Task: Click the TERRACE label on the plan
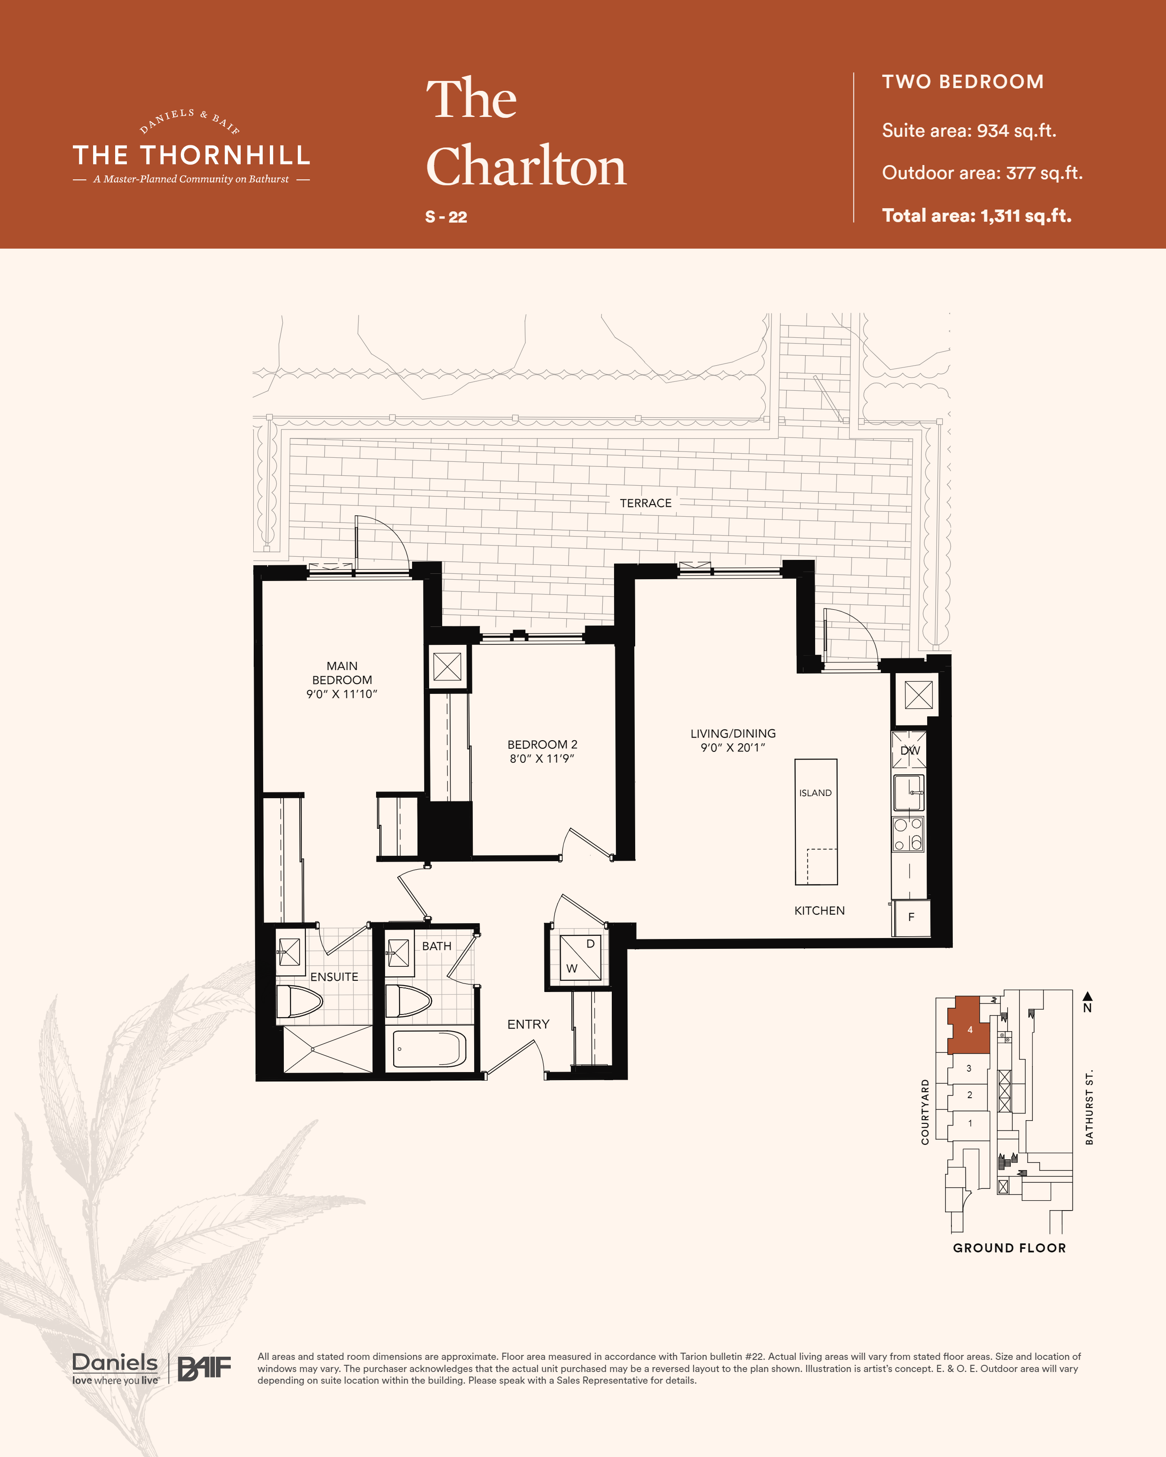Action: pyautogui.click(x=646, y=504)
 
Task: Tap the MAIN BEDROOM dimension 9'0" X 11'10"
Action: pyautogui.click(x=342, y=694)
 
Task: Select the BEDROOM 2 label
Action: pyautogui.click(x=542, y=745)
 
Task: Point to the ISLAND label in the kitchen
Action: pyautogui.click(x=815, y=793)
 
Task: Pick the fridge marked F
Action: pyautogui.click(x=911, y=917)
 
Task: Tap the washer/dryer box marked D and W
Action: pyautogui.click(x=581, y=957)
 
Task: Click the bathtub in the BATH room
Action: pyautogui.click(x=429, y=1049)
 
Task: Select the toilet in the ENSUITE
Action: pyautogui.click(x=300, y=1001)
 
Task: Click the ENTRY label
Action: pyautogui.click(x=529, y=1024)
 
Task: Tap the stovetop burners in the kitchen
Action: pyautogui.click(x=908, y=834)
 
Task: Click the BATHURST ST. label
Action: pyautogui.click(x=1089, y=1108)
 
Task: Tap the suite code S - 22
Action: pyautogui.click(x=446, y=217)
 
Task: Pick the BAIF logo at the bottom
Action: pyautogui.click(x=204, y=1368)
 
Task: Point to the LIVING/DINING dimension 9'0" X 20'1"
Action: pyautogui.click(x=733, y=747)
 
